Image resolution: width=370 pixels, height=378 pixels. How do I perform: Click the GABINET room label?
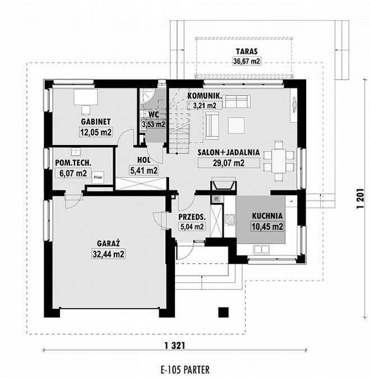pyautogui.click(x=95, y=122)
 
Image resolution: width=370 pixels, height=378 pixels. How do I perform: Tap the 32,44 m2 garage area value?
pyautogui.click(x=108, y=254)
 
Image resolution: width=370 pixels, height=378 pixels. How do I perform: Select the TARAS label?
pyautogui.click(x=247, y=52)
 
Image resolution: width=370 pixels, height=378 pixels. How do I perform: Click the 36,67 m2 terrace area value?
pyautogui.click(x=247, y=61)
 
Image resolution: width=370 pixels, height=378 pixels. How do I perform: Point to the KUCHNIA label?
pyautogui.click(x=267, y=216)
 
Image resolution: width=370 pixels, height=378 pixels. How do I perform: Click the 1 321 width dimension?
pyautogui.click(x=175, y=346)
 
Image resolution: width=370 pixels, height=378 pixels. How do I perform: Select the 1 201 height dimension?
pyautogui.click(x=360, y=198)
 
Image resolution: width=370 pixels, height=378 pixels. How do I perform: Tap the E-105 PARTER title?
pyautogui.click(x=185, y=369)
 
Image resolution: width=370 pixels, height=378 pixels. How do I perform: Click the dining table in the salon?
pyautogui.click(x=279, y=161)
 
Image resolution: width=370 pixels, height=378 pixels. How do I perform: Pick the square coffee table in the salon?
pyautogui.click(x=236, y=125)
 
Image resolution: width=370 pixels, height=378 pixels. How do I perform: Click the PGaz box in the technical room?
pyautogui.click(x=98, y=177)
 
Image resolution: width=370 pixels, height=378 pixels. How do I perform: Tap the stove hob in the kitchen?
pyautogui.click(x=229, y=220)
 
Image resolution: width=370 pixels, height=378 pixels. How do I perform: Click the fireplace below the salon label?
pyautogui.click(x=224, y=184)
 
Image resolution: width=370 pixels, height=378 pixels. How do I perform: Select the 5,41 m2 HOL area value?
pyautogui.click(x=144, y=170)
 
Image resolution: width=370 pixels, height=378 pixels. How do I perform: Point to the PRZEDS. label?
pyautogui.click(x=192, y=217)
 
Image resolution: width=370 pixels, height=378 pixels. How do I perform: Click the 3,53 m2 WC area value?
pyautogui.click(x=154, y=124)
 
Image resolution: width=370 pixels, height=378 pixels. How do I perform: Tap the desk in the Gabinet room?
pyautogui.click(x=86, y=97)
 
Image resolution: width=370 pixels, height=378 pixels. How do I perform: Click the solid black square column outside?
pyautogui.click(x=224, y=312)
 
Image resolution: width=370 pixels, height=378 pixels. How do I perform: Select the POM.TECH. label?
pyautogui.click(x=73, y=163)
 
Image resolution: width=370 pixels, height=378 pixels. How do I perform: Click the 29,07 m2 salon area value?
pyautogui.click(x=229, y=163)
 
